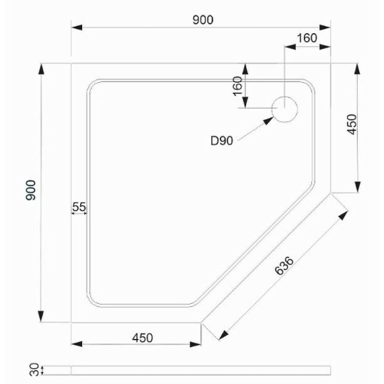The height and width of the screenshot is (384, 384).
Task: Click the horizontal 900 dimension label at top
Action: click(x=203, y=20)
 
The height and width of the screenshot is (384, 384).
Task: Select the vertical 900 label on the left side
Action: click(x=30, y=191)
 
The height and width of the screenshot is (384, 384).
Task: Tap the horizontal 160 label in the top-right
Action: click(x=307, y=38)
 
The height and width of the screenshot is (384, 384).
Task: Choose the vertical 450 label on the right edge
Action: click(x=352, y=124)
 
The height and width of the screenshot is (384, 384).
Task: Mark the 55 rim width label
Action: click(x=79, y=207)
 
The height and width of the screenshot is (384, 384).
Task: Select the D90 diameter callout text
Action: click(x=222, y=140)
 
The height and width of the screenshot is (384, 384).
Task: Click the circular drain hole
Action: click(x=286, y=109)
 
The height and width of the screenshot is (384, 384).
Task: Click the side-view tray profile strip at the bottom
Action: click(x=199, y=368)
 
